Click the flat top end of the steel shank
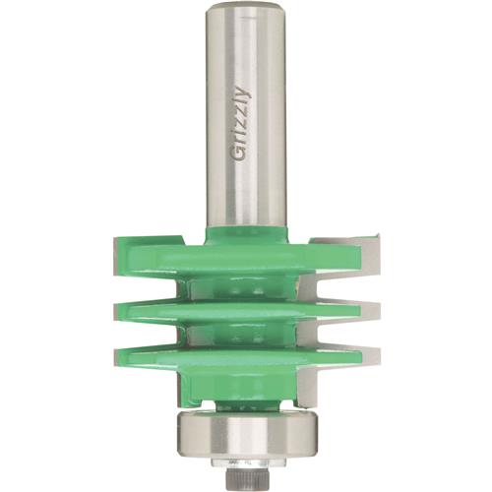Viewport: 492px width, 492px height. coord(246,7)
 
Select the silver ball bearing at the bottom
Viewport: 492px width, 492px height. coord(246,431)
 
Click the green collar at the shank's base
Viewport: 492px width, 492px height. coord(246,234)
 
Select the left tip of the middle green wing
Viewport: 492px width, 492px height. coord(116,311)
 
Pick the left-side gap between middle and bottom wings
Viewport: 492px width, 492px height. coord(148,333)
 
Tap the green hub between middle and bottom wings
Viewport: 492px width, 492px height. coord(246,333)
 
